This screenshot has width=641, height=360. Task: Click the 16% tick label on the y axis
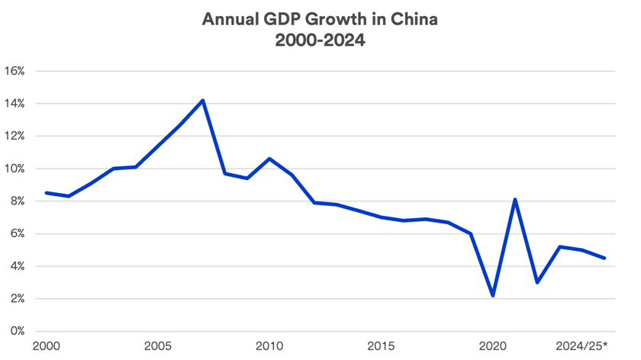pyautogui.click(x=14, y=71)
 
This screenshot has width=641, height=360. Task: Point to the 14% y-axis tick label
pyautogui.click(x=14, y=104)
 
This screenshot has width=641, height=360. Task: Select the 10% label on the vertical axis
pyautogui.click(x=14, y=169)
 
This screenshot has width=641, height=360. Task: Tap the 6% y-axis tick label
pyautogui.click(x=14, y=234)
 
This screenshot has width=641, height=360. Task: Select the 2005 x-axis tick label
pyautogui.click(x=158, y=346)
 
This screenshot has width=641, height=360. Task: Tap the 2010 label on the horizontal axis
pyautogui.click(x=269, y=346)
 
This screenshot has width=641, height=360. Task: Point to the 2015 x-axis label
pyautogui.click(x=382, y=346)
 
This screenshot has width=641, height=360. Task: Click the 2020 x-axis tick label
pyautogui.click(x=493, y=346)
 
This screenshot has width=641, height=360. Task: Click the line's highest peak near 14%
pyautogui.click(x=203, y=100)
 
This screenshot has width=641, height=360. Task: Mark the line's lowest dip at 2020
pyautogui.click(x=494, y=295)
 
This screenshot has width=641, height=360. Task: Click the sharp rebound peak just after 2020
pyautogui.click(x=516, y=200)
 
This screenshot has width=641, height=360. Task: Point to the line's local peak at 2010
pyautogui.click(x=269, y=159)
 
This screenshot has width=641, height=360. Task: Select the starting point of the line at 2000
pyautogui.click(x=47, y=193)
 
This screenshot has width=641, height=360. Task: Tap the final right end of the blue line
pyautogui.click(x=605, y=258)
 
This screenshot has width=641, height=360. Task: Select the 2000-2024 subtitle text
pyautogui.click(x=320, y=40)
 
